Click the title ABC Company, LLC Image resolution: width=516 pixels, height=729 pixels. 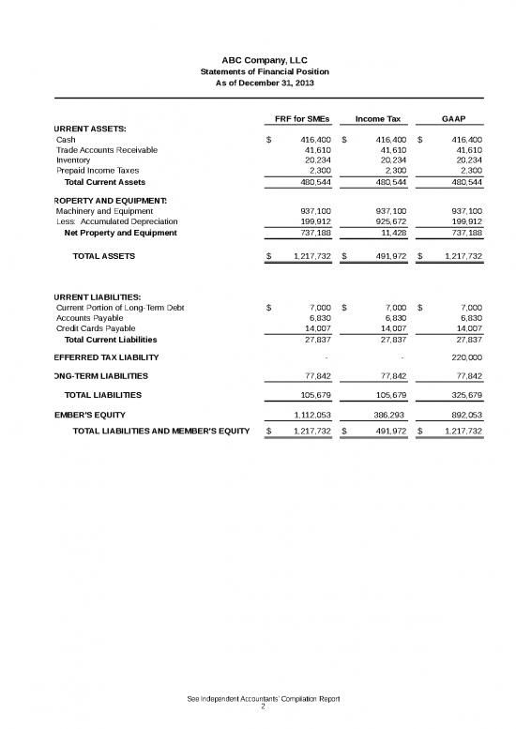click(x=257, y=60)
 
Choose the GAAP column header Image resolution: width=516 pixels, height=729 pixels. click(x=454, y=119)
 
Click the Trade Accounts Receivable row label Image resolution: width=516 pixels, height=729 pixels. click(x=107, y=149)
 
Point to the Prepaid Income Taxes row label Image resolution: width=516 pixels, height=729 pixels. click(x=98, y=170)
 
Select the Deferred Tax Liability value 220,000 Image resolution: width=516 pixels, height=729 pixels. click(x=463, y=357)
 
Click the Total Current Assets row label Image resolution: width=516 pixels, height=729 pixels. click(x=104, y=181)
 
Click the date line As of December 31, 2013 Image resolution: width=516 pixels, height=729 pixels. click(x=257, y=84)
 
